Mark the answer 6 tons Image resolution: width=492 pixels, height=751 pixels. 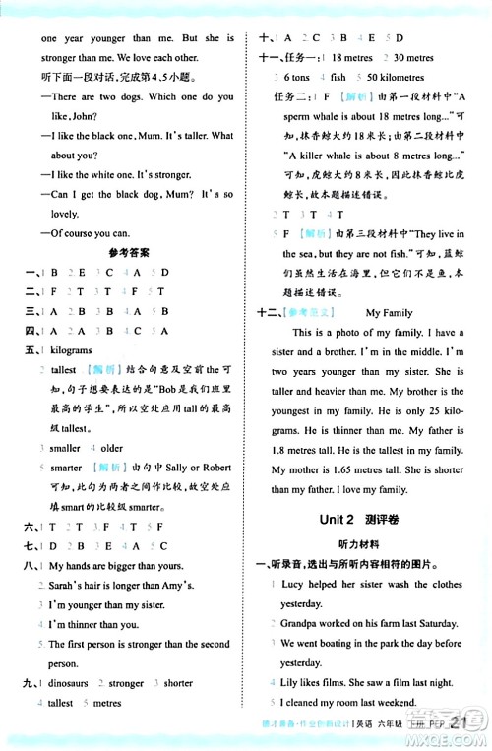point(296,77)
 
